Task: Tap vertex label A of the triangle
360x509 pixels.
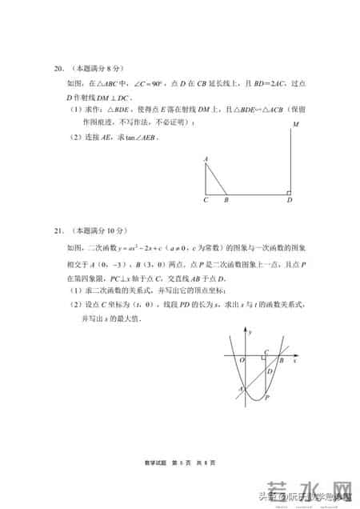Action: [206, 159]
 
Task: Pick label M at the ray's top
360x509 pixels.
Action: [296, 125]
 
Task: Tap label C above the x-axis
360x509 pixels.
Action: [266, 351]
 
